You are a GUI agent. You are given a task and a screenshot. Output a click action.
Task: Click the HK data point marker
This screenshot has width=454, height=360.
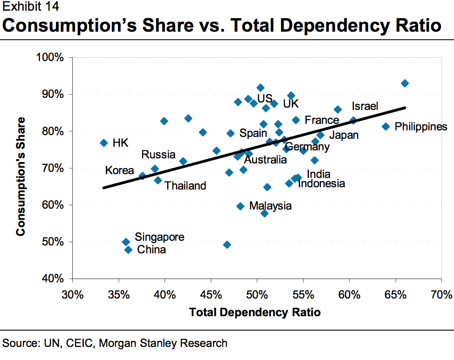coord(104,143)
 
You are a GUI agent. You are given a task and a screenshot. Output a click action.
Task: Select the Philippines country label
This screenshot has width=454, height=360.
coord(421,127)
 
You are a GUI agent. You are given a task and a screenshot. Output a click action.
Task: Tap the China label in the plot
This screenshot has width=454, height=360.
coord(151,250)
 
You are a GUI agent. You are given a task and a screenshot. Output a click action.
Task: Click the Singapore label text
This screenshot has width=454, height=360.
coord(159,237)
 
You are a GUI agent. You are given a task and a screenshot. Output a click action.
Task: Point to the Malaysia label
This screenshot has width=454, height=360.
coord(270,206)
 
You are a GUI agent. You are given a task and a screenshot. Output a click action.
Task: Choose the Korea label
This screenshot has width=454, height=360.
coord(119,170)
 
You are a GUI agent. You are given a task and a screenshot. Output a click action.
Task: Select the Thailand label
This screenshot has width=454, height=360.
coord(185,186)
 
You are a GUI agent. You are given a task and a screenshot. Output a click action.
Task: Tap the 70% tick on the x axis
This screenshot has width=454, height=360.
coord(441,295)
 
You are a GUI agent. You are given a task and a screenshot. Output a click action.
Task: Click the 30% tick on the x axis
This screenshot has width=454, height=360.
coord(72,295)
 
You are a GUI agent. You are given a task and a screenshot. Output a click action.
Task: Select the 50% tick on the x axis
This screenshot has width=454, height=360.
coord(257,295)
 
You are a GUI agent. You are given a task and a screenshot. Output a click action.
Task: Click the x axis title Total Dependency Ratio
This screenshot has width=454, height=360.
coord(255,312)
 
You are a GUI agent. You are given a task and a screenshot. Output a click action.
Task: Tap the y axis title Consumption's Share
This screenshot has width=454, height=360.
coord(21,177)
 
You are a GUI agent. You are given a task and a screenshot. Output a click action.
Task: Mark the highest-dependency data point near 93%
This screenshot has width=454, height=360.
coord(405,83)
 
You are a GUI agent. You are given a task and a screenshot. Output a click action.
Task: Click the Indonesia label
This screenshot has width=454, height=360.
coord(321,183)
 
